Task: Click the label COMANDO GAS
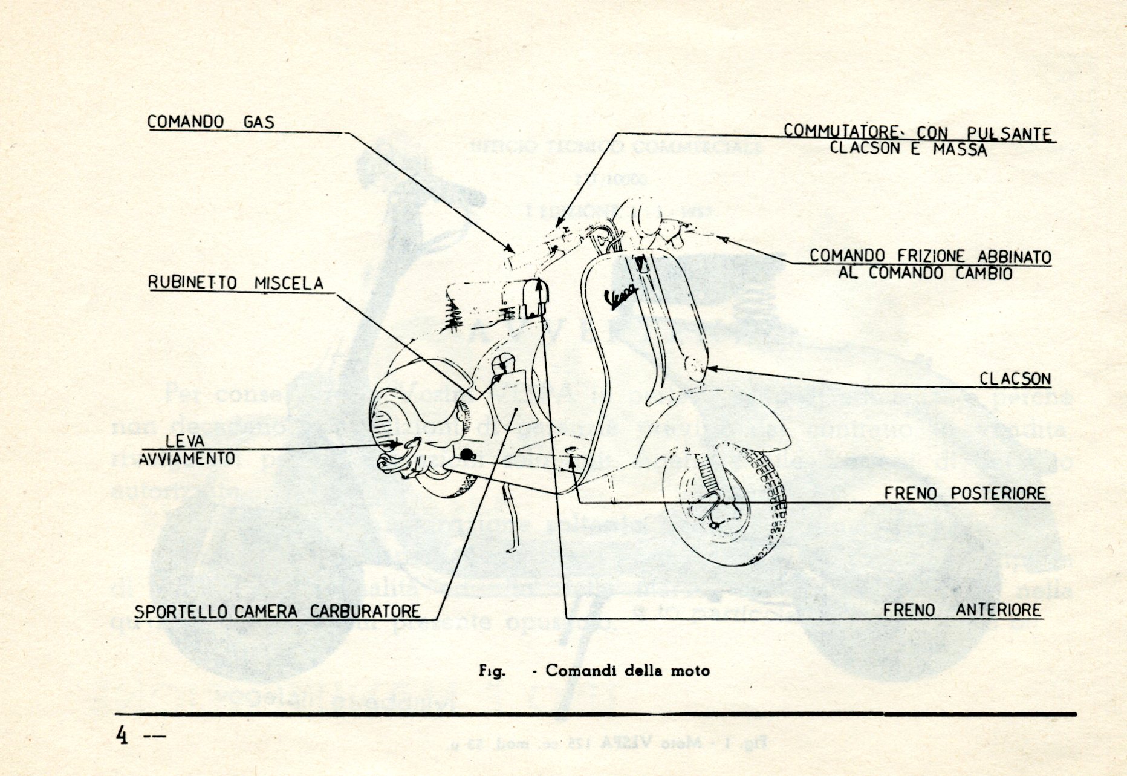coord(210,122)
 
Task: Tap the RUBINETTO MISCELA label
coord(236,283)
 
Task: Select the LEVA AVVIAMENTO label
coord(186,450)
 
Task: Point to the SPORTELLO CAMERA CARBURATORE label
coord(277,611)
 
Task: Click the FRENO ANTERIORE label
coord(962,610)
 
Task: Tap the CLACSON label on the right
coord(1015,379)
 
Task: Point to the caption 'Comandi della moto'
coord(627,670)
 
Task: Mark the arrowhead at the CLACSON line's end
coord(712,368)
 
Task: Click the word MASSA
coord(960,149)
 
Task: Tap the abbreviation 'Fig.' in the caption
coord(491,671)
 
